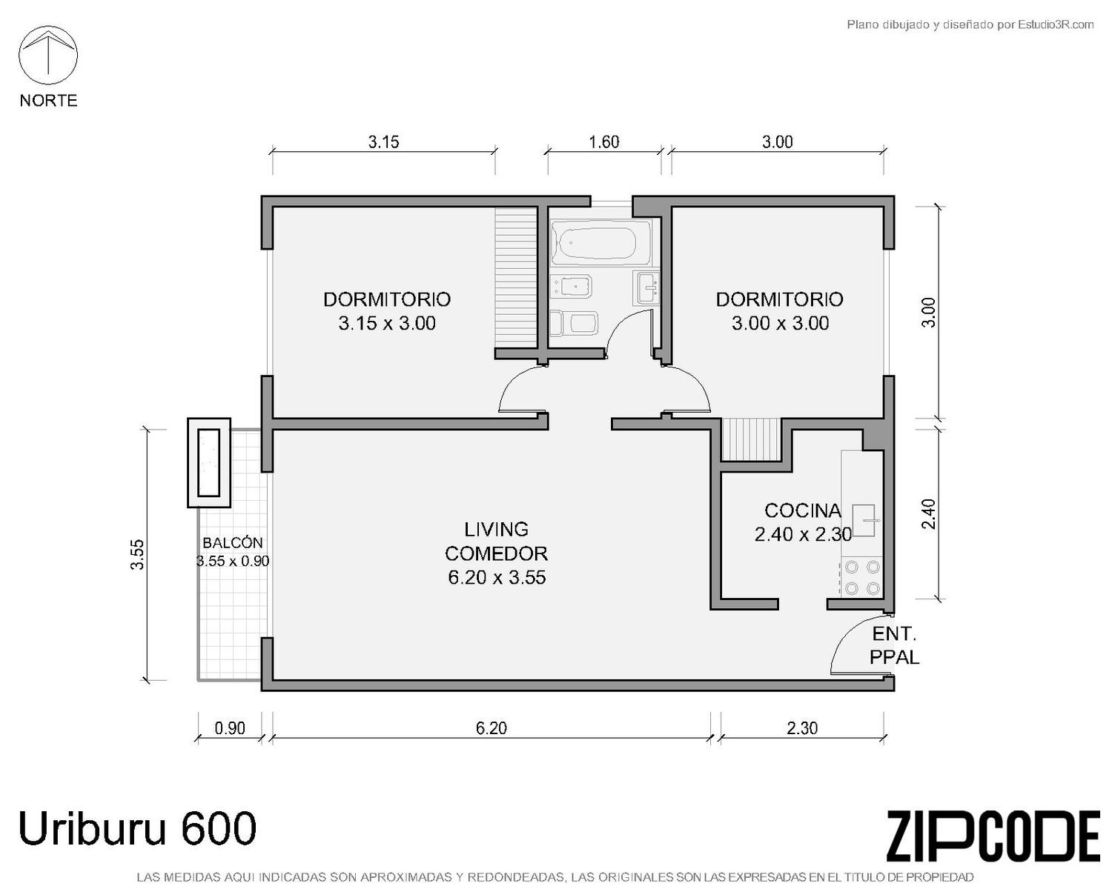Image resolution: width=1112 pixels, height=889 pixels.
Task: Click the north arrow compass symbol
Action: [x=48, y=56]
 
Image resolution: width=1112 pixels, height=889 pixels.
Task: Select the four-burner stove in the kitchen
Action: [x=862, y=577]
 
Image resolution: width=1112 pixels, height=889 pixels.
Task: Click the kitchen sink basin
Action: [x=863, y=520]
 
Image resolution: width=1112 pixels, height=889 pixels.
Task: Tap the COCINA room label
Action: [x=802, y=510]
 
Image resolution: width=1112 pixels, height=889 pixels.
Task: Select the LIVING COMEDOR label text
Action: [x=496, y=542]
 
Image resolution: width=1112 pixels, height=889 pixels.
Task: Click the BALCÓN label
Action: [x=233, y=542]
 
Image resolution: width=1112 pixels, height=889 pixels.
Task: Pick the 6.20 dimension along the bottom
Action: [x=492, y=727]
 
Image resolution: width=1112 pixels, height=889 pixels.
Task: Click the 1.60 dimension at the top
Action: [x=604, y=141]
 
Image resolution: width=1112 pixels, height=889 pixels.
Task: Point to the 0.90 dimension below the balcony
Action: [x=229, y=727]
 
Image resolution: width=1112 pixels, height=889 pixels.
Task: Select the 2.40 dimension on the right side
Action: [x=929, y=513]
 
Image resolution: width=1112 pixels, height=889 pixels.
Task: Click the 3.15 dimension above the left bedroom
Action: [x=383, y=141]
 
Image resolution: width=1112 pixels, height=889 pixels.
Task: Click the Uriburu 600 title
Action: [x=137, y=828]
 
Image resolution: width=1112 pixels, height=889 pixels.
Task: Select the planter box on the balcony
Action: [x=209, y=462]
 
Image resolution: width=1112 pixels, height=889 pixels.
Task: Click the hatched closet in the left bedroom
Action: [x=516, y=277]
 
